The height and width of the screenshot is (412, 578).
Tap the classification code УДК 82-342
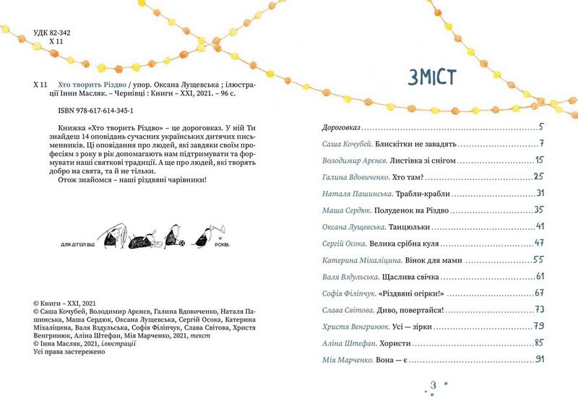click(x=57, y=33)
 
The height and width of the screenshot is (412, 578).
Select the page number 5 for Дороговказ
click(x=540, y=126)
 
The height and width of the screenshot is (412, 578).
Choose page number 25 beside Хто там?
click(x=538, y=176)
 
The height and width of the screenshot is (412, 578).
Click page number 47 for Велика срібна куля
click(x=538, y=243)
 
